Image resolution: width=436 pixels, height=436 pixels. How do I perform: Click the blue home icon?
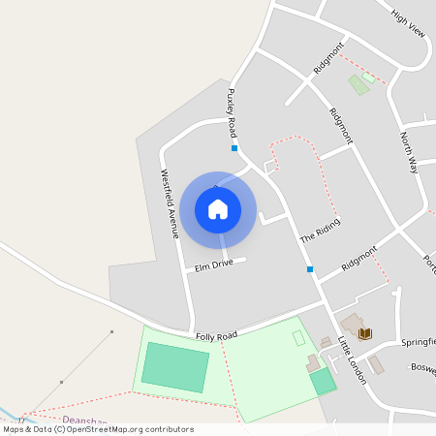[x=218, y=209]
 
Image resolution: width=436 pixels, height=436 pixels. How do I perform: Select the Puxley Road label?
[x=233, y=112]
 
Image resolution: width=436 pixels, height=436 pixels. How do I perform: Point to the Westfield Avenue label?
[x=169, y=203]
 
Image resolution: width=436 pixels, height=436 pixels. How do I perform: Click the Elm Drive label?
[x=214, y=264]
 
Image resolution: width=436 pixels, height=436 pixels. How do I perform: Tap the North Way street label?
[x=410, y=153]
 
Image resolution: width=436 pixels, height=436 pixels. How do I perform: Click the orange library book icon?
[x=364, y=334]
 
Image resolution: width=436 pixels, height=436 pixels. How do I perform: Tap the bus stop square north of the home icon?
[x=234, y=148]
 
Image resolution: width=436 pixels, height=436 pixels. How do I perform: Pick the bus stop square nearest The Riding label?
[x=310, y=268]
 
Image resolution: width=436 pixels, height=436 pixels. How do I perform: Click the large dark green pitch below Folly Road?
[x=174, y=367]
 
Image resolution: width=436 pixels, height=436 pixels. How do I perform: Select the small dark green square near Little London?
[x=323, y=381]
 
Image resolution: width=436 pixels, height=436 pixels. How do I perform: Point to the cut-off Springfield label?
[x=418, y=342]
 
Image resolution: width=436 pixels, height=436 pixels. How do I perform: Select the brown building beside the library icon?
[x=350, y=323]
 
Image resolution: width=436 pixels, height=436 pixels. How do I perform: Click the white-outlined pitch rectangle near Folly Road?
[x=298, y=338]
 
